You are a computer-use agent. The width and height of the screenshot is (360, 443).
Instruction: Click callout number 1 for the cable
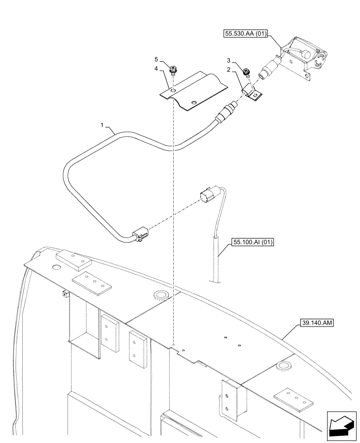click(102, 126)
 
